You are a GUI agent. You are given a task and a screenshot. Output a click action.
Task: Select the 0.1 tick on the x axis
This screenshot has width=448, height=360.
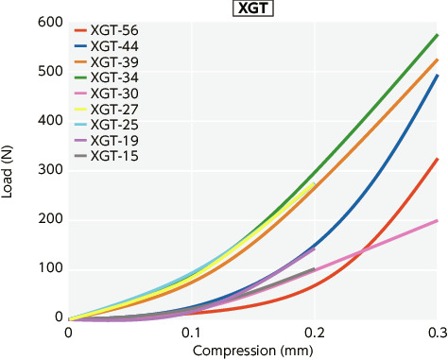point(191,334)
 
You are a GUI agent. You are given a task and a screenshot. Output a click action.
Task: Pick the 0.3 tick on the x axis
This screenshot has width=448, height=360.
point(436,334)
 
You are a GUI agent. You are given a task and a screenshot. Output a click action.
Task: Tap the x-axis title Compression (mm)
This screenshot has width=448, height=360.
point(252,351)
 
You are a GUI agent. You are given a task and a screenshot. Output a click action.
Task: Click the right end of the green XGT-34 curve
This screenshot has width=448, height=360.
point(438,35)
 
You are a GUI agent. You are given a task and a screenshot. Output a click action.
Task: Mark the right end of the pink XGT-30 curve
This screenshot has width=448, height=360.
point(438,220)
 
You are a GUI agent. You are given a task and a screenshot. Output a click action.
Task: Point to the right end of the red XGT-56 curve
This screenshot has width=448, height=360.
point(438,159)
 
